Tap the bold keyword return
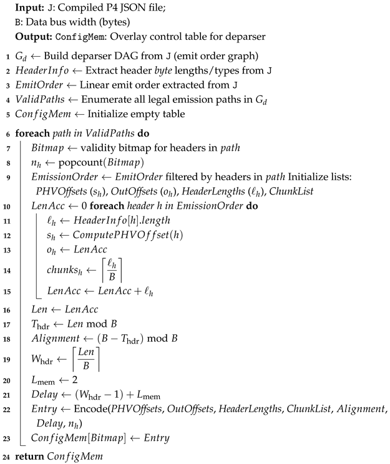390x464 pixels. pos(29,457)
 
